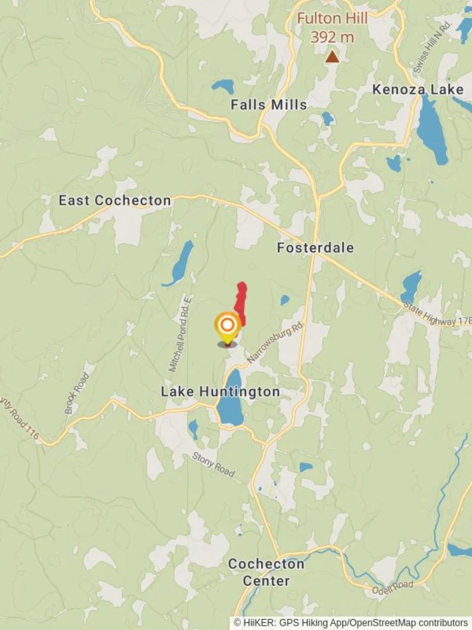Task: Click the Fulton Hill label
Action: tap(332, 19)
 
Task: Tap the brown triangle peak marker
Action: tap(332, 57)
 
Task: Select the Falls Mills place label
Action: tap(269, 105)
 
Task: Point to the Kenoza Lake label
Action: tap(418, 89)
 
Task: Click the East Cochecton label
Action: tap(115, 201)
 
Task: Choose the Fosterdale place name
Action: tap(315, 248)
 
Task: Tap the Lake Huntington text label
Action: tap(220, 391)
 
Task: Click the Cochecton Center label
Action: tap(266, 572)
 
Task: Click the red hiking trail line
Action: tap(240, 303)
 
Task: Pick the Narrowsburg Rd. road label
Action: tap(276, 342)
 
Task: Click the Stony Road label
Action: tap(213, 464)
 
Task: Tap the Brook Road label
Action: tap(76, 393)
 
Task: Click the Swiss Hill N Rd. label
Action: tap(432, 47)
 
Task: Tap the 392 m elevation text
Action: tap(332, 37)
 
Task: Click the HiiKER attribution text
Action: tap(350, 622)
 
